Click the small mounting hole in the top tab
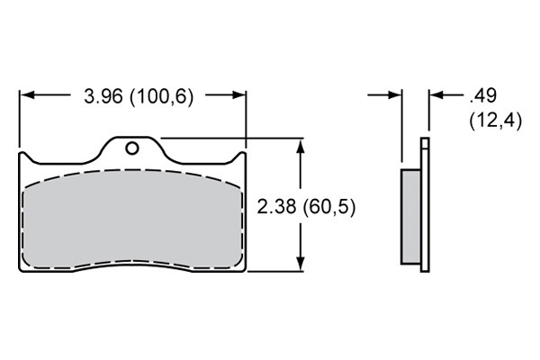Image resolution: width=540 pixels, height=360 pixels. pos(132,148)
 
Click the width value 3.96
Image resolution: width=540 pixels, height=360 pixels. pos(103,96)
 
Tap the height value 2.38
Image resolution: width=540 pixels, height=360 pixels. pos(276,207)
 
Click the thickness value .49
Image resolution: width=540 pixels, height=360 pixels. pos(483,95)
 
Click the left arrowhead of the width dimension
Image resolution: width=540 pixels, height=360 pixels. pos(28,94)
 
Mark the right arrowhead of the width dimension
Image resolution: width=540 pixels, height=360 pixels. pos(238,94)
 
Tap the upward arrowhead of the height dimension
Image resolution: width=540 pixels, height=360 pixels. pos(301,147)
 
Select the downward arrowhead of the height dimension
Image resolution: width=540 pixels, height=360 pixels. pos(301,264)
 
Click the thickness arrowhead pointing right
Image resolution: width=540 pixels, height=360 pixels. pos(394,94)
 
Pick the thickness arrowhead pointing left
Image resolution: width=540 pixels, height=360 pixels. pos(437,94)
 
